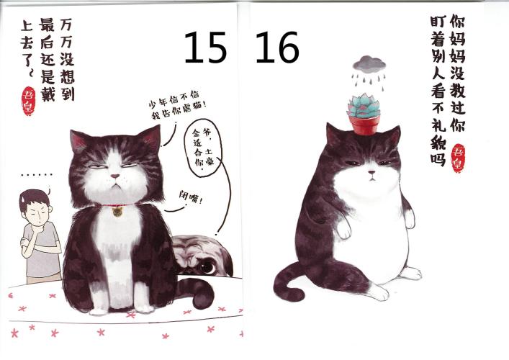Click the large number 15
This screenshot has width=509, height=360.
click(x=205, y=47)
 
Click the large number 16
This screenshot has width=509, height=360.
click(x=276, y=47)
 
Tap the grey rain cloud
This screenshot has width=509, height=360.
click(x=369, y=64)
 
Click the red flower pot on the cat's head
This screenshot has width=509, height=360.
click(x=365, y=125)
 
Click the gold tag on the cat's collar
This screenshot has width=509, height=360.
click(x=117, y=212)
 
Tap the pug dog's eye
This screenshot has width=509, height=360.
click(x=207, y=267)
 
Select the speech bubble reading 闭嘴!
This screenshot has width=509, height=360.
click(x=191, y=197)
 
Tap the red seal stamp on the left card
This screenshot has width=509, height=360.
click(x=28, y=101)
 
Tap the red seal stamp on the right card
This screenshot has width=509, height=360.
click(x=459, y=158)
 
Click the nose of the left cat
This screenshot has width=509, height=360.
click(x=114, y=176)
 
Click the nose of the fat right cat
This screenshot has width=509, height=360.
click(x=371, y=172)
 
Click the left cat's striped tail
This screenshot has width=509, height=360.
click(x=197, y=292)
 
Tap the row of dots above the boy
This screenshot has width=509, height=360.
click(x=36, y=175)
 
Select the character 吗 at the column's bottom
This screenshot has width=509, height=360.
click(x=438, y=158)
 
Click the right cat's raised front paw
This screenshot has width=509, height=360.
click(x=343, y=230)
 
